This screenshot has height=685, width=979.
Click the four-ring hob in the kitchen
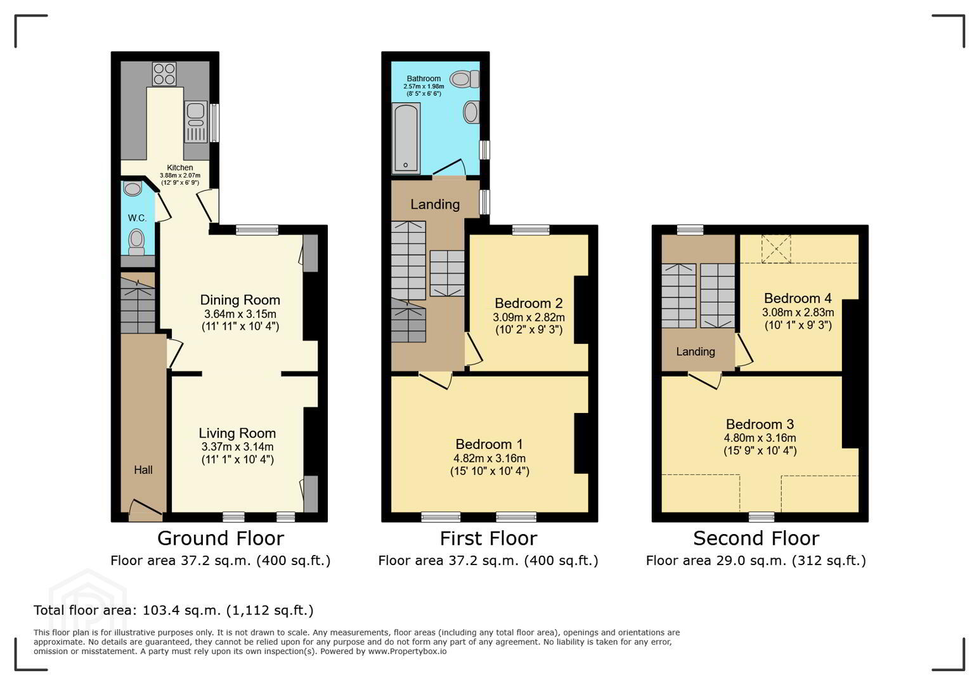tap(164, 74)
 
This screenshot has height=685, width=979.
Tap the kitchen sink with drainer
tap(196, 122)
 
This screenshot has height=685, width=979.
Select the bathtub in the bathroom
tap(406, 138)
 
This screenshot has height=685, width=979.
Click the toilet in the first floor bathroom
tap(465, 79)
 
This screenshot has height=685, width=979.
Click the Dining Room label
tap(240, 300)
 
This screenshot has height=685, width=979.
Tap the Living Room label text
tap(237, 433)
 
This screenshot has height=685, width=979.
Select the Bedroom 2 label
tap(528, 303)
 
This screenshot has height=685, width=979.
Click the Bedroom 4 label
tap(798, 298)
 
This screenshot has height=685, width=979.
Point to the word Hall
tap(143, 470)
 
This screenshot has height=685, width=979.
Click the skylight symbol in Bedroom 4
tap(776, 249)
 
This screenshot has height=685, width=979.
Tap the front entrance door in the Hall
tap(146, 510)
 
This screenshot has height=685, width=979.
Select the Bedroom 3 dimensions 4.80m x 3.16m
tap(760, 438)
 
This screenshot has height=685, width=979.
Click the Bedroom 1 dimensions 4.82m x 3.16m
tap(489, 459)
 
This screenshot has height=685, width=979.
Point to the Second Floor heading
tap(756, 538)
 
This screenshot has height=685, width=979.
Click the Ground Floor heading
tap(221, 538)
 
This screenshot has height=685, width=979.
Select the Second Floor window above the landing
tap(690, 230)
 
